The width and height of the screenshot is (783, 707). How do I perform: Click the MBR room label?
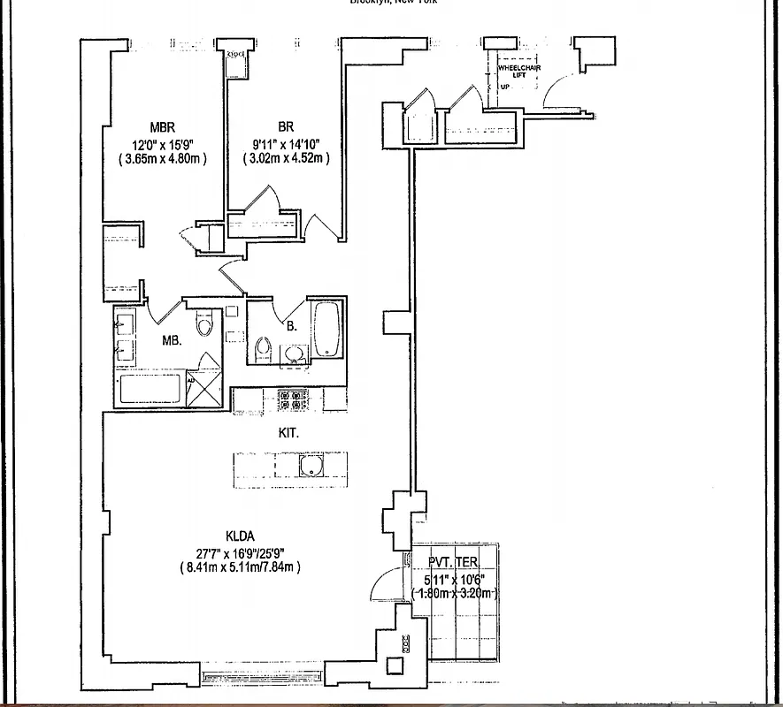click(x=164, y=126)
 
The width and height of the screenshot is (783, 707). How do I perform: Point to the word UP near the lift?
click(x=505, y=87)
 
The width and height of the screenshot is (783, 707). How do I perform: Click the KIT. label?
click(x=288, y=433)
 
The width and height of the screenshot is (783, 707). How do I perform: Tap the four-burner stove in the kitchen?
click(x=293, y=399)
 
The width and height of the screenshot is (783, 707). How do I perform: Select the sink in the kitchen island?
click(x=311, y=466)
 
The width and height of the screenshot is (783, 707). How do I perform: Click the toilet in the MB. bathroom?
click(x=205, y=325)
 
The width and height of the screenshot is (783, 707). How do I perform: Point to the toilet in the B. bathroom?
click(x=262, y=350)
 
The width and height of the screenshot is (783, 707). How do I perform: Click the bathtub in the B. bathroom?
click(x=326, y=330)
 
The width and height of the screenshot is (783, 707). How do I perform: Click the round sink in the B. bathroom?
click(x=294, y=355)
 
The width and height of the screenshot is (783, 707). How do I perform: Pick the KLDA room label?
click(x=240, y=535)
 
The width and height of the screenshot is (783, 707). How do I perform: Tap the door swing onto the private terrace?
click(x=388, y=583)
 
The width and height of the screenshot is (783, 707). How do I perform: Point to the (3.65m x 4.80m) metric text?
click(x=163, y=159)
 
